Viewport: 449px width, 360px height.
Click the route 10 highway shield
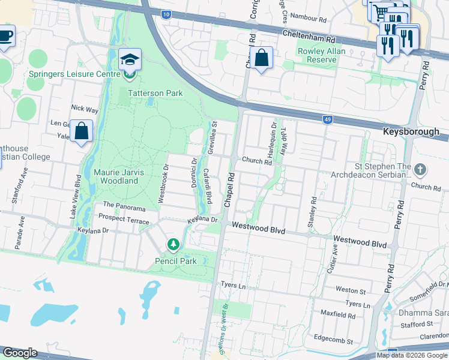(166, 13)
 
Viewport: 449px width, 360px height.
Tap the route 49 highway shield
(327, 119)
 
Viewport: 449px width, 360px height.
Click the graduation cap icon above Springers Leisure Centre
(130, 60)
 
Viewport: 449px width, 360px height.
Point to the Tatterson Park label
(154, 93)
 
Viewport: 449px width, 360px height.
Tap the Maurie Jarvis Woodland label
(119, 176)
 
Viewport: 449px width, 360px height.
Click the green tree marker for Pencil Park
(173, 245)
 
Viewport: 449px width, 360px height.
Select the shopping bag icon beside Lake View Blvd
(81, 131)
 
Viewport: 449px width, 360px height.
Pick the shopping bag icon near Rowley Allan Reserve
(262, 59)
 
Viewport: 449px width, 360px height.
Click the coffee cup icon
(5, 37)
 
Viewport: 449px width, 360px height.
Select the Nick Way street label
(84, 109)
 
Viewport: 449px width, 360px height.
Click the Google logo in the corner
(20, 353)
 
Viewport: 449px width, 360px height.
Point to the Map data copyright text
(412, 355)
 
